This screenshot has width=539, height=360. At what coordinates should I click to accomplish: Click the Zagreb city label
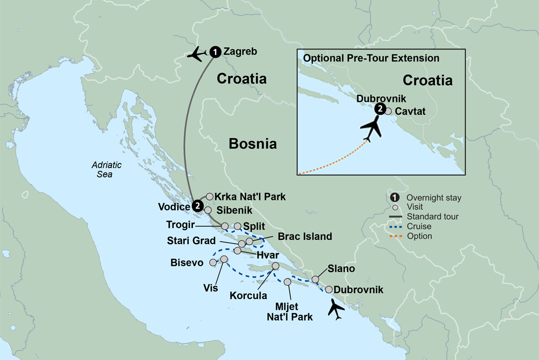239,52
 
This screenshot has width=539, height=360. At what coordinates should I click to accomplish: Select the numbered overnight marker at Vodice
197,206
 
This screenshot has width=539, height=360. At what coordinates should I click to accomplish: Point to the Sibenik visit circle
208,210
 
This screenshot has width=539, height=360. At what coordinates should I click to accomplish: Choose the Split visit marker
238,226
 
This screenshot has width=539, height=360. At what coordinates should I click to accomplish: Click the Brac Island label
305,236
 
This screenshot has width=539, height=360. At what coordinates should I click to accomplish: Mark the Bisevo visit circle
213,262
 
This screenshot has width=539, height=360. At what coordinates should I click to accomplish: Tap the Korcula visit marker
276,266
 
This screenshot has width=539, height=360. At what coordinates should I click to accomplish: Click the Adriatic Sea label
106,170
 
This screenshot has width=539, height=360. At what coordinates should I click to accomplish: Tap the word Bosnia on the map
253,143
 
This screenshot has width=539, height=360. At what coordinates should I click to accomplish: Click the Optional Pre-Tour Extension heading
371,58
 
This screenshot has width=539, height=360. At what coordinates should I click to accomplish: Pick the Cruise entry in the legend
419,226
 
